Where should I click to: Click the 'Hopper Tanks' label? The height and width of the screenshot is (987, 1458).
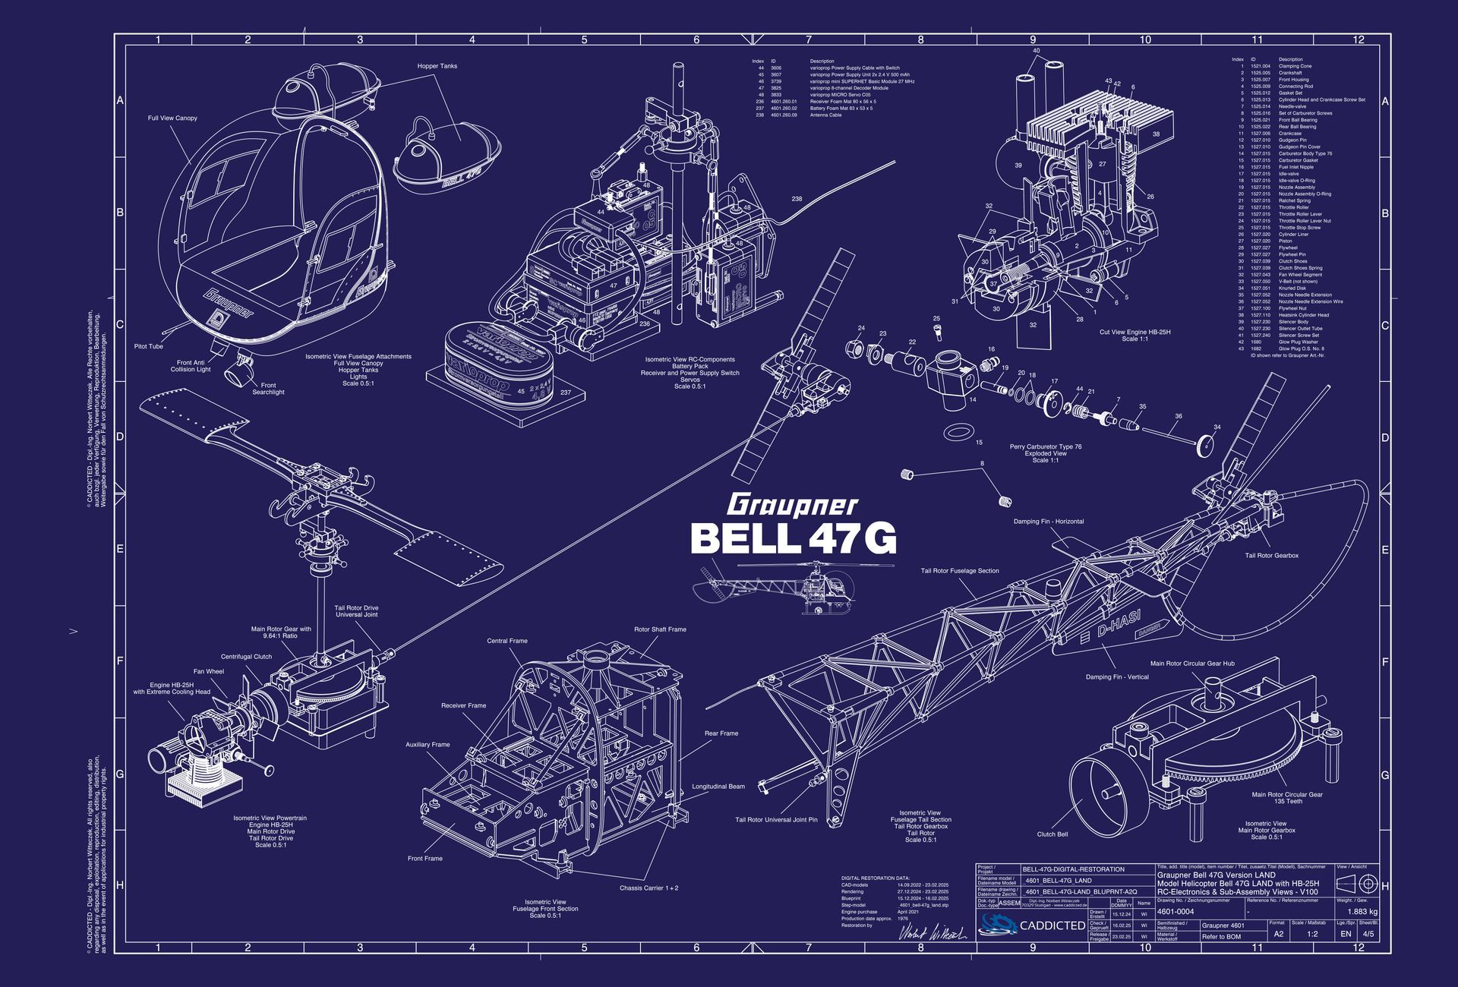coord(437,66)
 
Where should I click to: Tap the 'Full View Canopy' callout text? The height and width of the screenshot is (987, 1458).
coord(172,118)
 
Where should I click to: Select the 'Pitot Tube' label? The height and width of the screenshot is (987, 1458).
coord(149,346)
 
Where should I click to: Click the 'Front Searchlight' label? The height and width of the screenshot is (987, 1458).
coord(268,389)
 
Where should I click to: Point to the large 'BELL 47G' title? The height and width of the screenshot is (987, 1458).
coord(793,538)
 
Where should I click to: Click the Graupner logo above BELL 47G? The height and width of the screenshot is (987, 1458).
coord(793,505)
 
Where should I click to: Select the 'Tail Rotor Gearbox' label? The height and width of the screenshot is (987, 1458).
coord(1271,556)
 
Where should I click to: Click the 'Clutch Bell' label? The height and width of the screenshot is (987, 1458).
coord(1052,834)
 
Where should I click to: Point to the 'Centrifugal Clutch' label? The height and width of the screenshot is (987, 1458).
coord(246,657)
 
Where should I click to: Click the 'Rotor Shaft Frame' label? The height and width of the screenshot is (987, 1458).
coord(660,629)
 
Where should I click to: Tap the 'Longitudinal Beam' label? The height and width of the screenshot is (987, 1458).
coord(718,787)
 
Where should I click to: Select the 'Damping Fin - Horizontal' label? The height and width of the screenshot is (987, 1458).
coord(1048,522)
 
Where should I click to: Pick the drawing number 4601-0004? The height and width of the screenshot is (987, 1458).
coord(1176,911)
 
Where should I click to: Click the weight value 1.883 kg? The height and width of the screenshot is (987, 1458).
coord(1362,911)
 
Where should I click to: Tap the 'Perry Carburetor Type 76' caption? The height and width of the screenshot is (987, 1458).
coord(1045,446)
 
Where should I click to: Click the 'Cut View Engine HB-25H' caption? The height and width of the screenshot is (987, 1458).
coord(1135,332)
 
